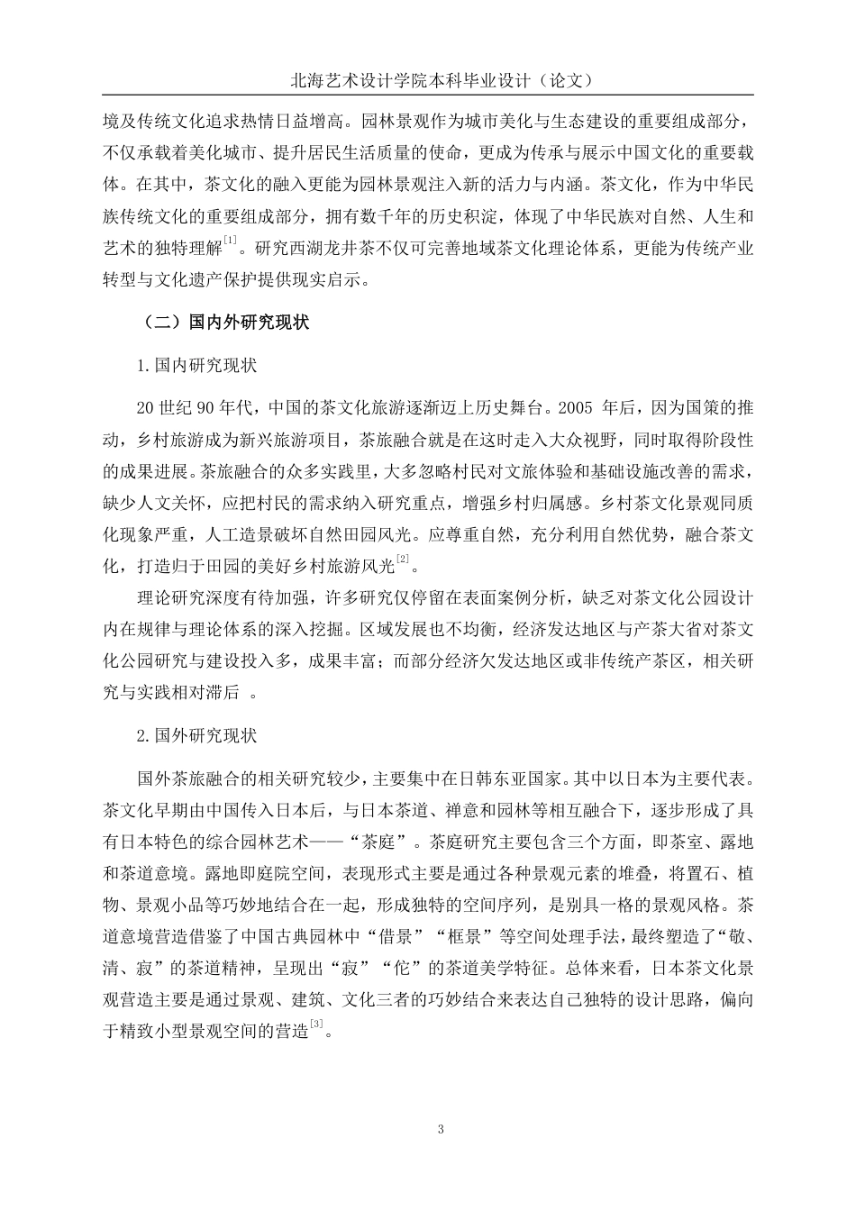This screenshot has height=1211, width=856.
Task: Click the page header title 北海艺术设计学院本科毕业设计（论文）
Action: tap(428, 79)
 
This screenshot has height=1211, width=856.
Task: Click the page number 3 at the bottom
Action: tap(440, 1129)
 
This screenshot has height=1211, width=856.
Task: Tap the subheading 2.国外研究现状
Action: tap(196, 735)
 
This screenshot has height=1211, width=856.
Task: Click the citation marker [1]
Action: tap(231, 240)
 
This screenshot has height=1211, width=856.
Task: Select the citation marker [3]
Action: tap(315, 1024)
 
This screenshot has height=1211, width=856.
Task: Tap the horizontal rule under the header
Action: tap(428, 96)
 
